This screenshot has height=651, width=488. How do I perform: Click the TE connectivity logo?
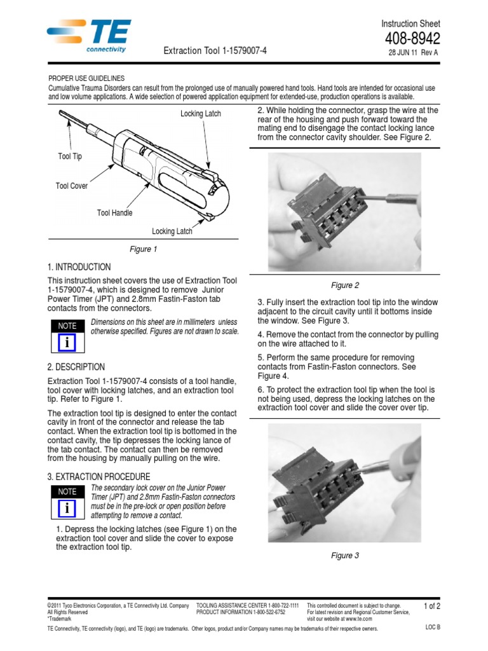[89, 36]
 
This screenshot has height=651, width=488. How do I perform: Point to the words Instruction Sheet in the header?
[410, 24]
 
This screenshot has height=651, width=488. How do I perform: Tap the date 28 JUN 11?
[404, 53]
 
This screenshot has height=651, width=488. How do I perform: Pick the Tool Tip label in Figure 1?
[70, 156]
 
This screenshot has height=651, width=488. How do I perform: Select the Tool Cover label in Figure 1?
[72, 186]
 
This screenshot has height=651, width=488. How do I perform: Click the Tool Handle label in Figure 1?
[114, 213]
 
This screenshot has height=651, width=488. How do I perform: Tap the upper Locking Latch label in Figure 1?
[201, 113]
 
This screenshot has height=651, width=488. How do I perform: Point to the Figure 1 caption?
[142, 249]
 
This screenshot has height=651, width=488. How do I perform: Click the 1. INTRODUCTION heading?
[79, 267]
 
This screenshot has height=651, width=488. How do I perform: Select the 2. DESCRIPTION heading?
[76, 367]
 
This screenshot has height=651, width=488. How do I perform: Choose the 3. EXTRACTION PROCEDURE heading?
[98, 476]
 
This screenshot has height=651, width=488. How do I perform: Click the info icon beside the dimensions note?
[67, 342]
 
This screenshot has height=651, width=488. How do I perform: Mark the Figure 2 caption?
[345, 285]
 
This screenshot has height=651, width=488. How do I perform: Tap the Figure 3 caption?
[345, 556]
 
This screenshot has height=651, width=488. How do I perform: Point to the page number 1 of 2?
[431, 606]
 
